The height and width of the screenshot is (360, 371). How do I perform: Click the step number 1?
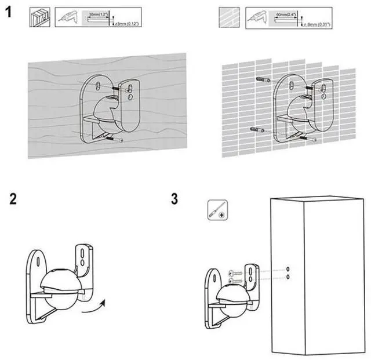tap(10, 13)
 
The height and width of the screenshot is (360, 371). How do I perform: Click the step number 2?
tap(13, 199)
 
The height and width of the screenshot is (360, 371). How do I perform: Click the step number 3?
tap(174, 199)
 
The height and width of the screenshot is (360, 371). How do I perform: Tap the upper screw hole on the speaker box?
tap(289, 269)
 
